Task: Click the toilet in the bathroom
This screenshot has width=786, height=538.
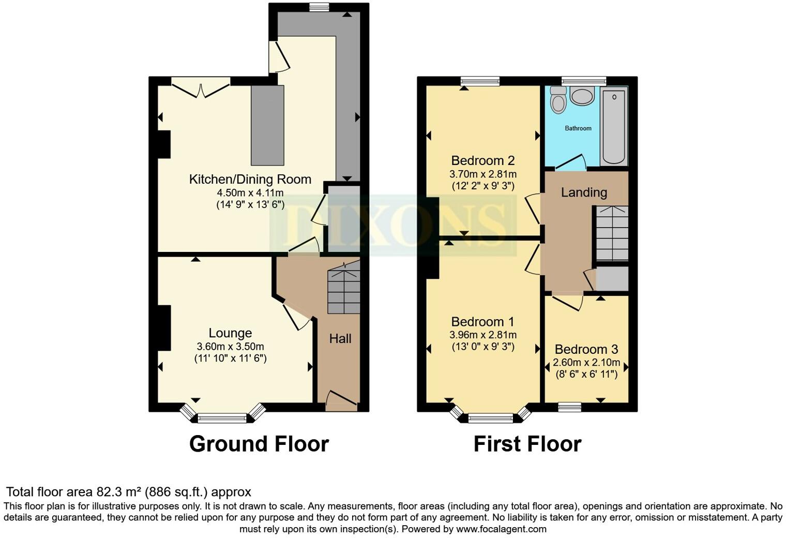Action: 558,100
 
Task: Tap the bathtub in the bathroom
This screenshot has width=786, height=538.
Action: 614,126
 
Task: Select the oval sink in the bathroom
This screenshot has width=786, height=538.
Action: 582,96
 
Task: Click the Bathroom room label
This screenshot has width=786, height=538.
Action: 578,128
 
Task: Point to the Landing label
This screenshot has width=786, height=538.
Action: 584,192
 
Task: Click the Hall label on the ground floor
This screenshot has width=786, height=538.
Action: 340,339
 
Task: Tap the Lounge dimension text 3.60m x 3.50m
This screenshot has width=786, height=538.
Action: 230,347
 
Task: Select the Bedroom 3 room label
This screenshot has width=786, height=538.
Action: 586,350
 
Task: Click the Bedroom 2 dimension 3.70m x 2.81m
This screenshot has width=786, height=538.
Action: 483,174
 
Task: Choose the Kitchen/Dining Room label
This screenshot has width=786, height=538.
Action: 250,180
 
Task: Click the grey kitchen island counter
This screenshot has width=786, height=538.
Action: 267,125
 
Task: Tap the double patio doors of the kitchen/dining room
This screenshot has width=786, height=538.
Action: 201,87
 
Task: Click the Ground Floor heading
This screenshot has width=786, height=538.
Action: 259,444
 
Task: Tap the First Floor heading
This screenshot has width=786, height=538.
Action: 527,444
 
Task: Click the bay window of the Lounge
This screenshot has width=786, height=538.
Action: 222,415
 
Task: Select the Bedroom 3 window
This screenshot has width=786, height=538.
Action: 569,407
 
